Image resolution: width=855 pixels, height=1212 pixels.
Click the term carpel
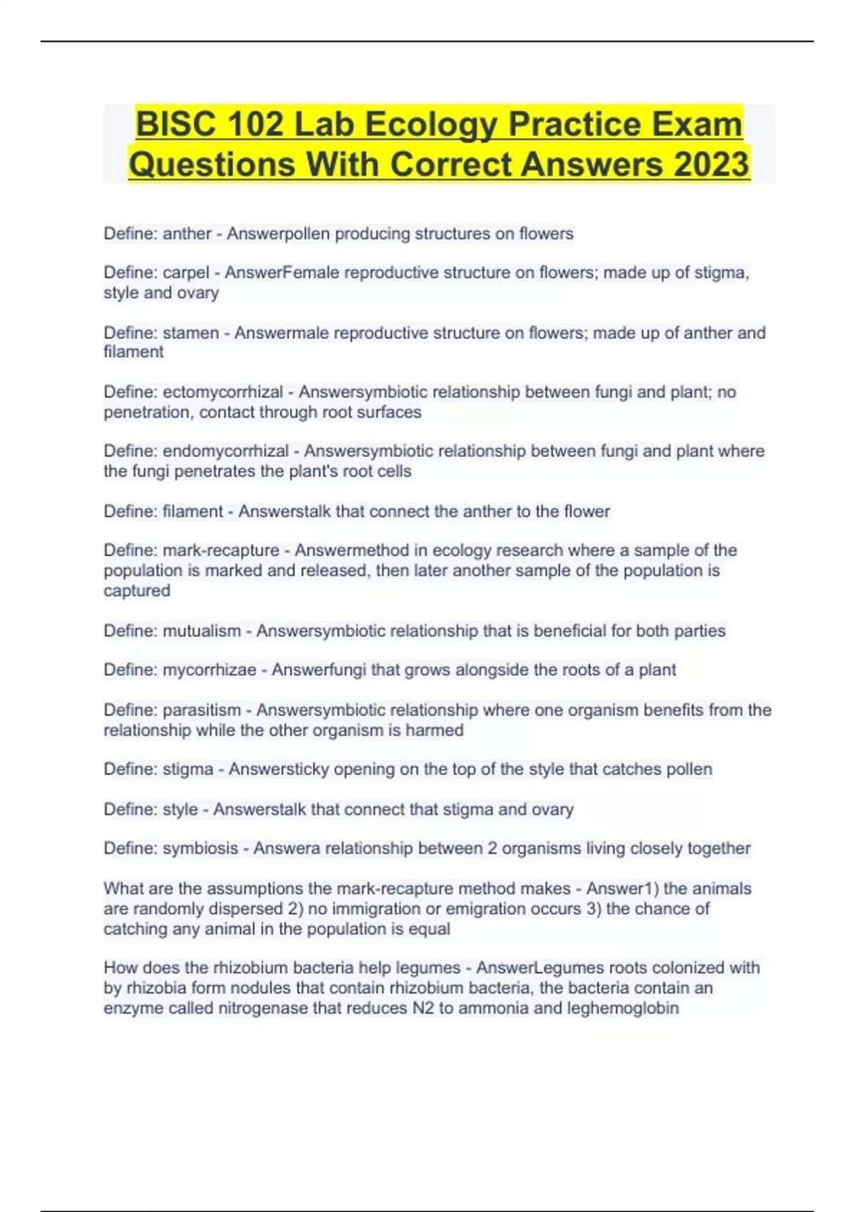(186, 273)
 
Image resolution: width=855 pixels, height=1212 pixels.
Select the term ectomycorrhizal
(222, 392)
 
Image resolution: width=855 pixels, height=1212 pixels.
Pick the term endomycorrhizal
(225, 451)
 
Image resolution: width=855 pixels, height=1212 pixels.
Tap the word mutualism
(202, 631)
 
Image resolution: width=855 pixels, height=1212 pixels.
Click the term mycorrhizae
(209, 670)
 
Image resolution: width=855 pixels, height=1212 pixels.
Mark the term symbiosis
(200, 848)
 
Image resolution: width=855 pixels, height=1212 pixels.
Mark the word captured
(137, 591)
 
